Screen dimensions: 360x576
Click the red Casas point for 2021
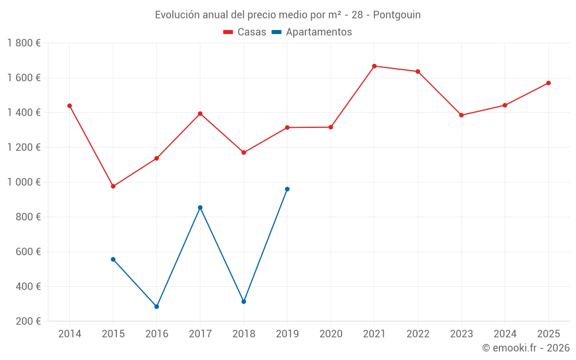coord(374,66)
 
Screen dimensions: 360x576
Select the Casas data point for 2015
coord(113,187)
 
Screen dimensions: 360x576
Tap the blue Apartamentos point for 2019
coord(287,189)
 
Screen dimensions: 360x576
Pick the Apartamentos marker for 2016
coord(157,306)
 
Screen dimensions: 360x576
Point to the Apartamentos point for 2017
coord(200,207)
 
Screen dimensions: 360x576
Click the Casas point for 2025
coord(548,83)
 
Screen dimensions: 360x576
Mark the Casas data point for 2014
coord(70,106)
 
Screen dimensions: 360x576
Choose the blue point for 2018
coord(244,302)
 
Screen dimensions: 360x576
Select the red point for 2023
coord(461,115)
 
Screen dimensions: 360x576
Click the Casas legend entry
coord(245,32)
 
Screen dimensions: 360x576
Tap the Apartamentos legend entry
coord(312,32)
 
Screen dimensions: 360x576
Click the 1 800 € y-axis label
coord(24,43)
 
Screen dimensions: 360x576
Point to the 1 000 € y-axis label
coord(24,182)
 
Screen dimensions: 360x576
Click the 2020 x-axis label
coord(331,334)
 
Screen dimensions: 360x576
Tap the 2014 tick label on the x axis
coord(70,334)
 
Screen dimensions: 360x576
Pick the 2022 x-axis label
coord(418,334)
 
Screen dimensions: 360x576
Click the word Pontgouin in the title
coord(397,15)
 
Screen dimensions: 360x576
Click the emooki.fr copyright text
coord(525,348)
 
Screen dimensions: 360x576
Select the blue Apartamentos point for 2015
coord(113,259)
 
